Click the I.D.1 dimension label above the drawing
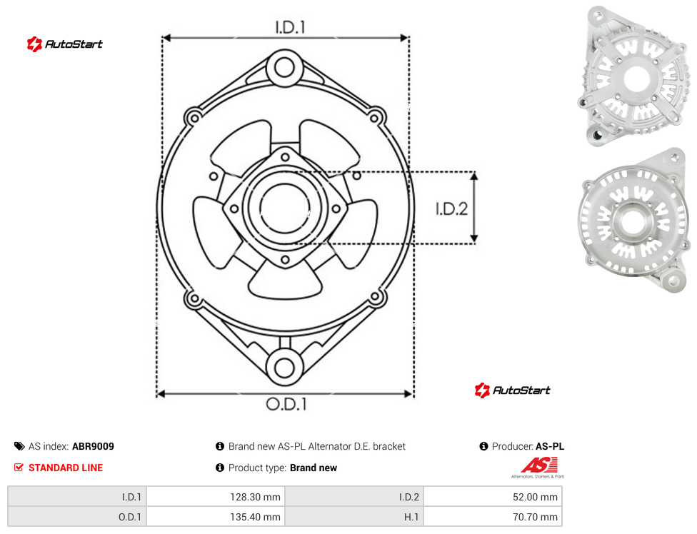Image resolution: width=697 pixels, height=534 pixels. click(x=290, y=28)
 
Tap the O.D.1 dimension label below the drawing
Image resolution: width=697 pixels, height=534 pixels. click(x=286, y=404)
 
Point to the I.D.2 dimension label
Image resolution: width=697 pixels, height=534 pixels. click(x=451, y=208)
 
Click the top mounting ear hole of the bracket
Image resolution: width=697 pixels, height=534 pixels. click(x=284, y=68)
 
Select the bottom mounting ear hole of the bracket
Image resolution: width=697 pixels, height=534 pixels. click(x=284, y=368)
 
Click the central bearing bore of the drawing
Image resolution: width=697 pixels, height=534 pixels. click(x=285, y=208)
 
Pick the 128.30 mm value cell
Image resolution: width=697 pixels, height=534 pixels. click(x=216, y=497)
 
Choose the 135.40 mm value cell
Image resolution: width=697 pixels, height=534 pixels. click(x=216, y=517)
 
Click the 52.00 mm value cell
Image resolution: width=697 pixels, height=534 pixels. click(x=493, y=497)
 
